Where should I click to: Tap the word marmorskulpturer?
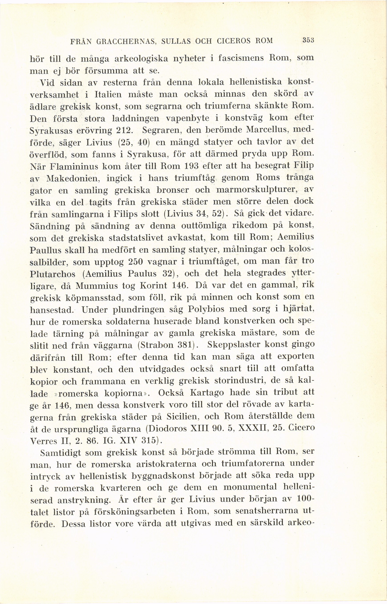click(x=254, y=190)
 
